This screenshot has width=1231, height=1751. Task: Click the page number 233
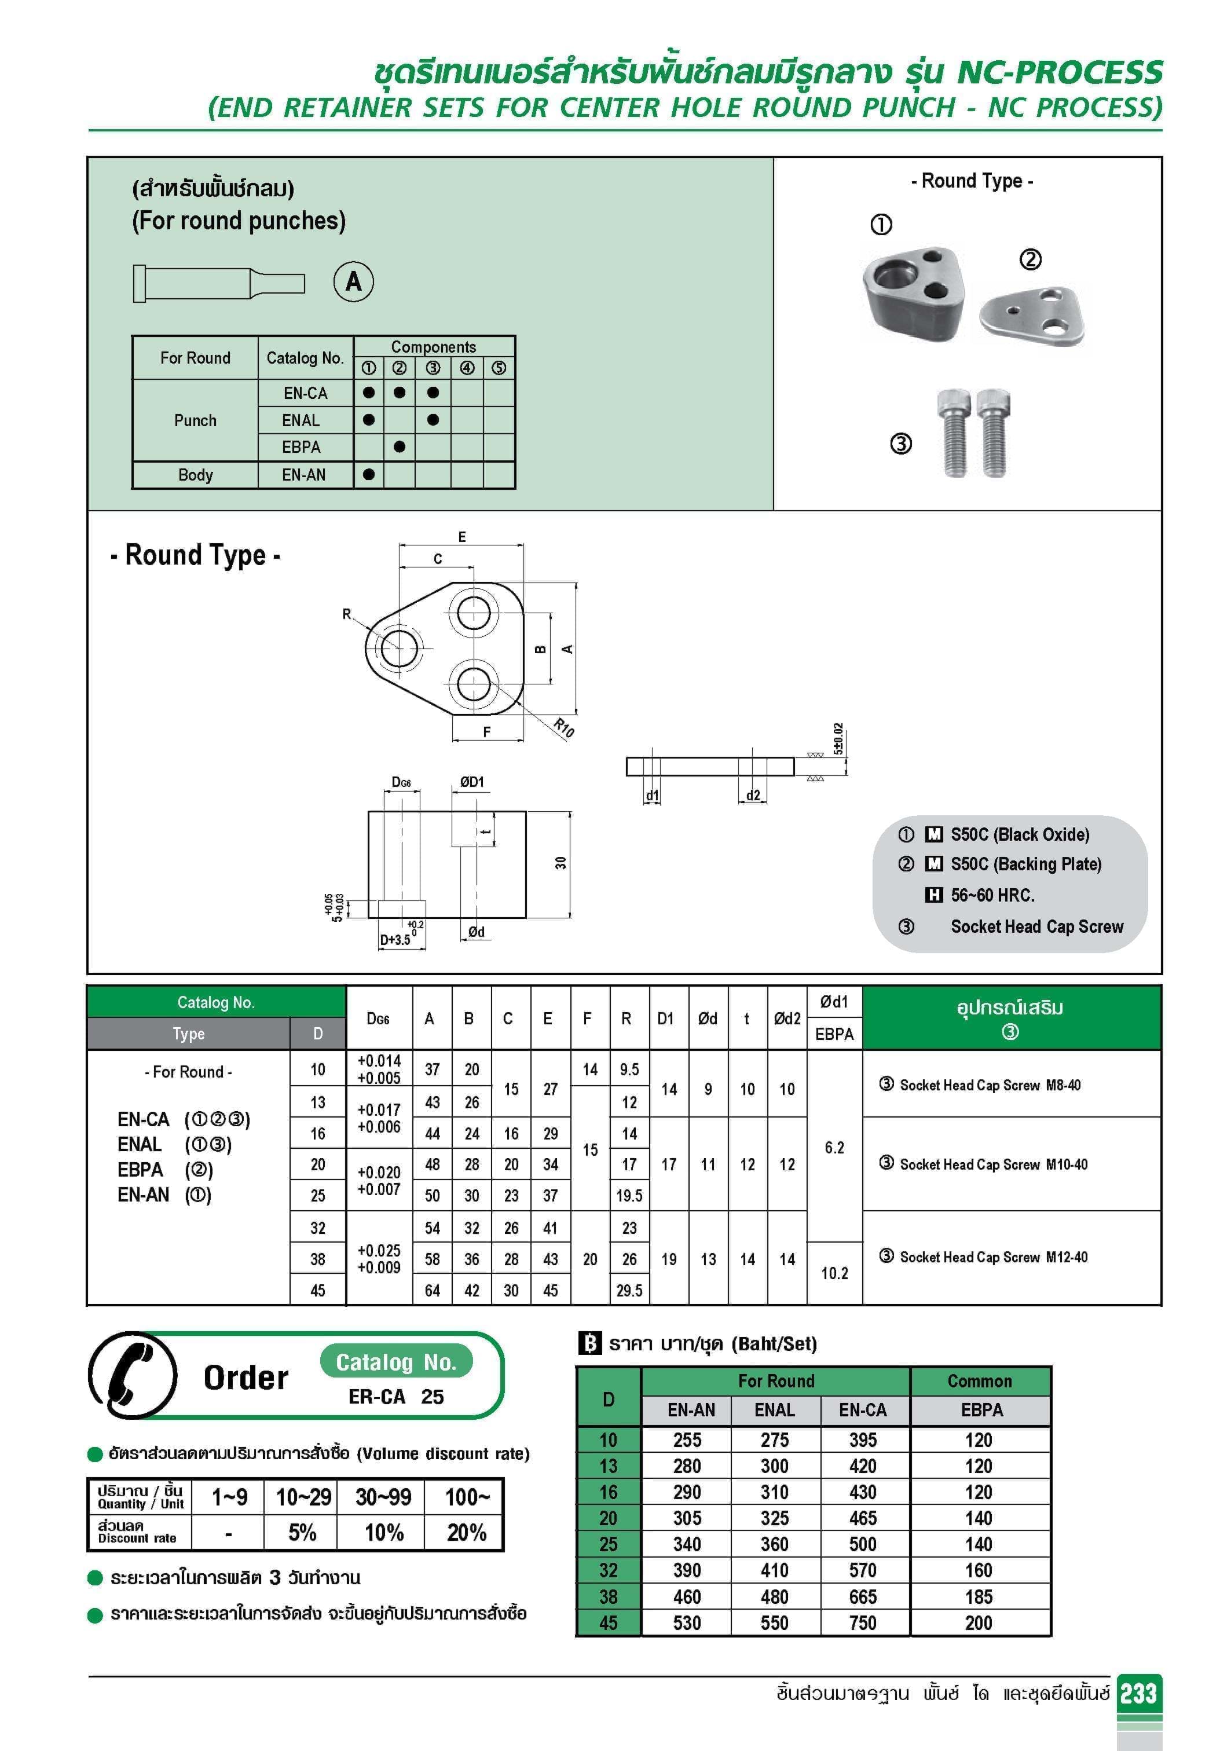click(x=1139, y=1693)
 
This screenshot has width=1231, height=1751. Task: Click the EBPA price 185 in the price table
click(x=979, y=1596)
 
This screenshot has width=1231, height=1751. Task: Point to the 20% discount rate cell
click(x=466, y=1532)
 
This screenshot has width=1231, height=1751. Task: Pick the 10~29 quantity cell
click(x=303, y=1497)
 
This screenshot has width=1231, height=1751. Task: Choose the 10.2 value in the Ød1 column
click(x=834, y=1273)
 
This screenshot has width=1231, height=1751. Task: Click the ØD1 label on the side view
click(x=471, y=782)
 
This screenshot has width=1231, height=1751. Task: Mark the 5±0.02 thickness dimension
click(x=838, y=739)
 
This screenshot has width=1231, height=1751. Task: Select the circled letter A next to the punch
click(x=354, y=281)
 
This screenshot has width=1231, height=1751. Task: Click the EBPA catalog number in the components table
click(x=301, y=447)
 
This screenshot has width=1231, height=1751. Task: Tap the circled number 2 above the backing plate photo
click(x=1031, y=259)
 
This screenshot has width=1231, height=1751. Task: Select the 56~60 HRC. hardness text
click(x=992, y=895)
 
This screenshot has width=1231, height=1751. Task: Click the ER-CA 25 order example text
click(x=396, y=1397)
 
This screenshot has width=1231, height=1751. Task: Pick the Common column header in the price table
click(x=979, y=1381)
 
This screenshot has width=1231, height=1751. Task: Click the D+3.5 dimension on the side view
click(x=395, y=940)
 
